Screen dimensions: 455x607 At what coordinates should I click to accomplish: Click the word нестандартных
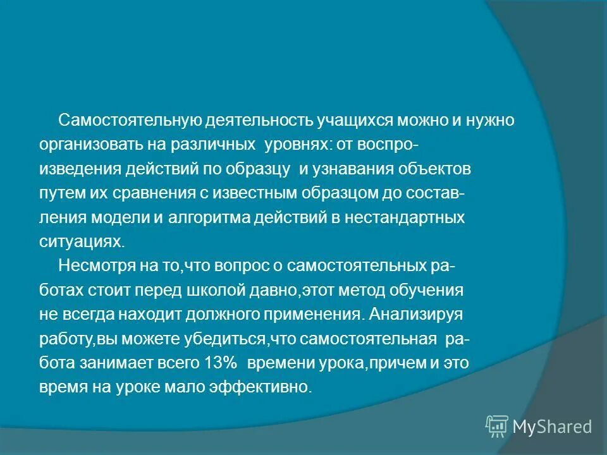(x=397, y=219)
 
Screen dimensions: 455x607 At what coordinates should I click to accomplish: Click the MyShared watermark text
(x=552, y=427)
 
